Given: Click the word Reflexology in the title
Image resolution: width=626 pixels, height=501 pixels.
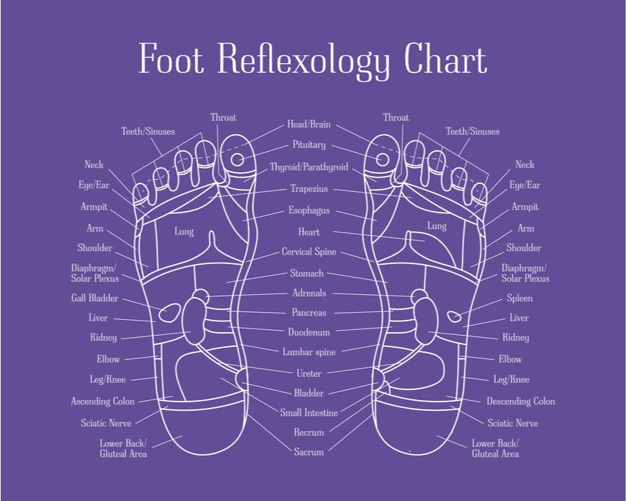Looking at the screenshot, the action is (x=303, y=61).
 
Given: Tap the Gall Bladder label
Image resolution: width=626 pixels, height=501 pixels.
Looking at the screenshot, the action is (x=94, y=298).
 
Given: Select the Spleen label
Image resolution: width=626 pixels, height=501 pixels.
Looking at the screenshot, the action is (x=519, y=298).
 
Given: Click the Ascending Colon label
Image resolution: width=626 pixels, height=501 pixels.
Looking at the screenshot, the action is (x=102, y=401).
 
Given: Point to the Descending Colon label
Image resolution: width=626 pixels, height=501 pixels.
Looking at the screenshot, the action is (x=521, y=401).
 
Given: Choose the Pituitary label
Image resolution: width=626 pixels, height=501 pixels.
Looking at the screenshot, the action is (x=309, y=145).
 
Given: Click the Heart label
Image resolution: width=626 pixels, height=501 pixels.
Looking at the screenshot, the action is (x=309, y=232).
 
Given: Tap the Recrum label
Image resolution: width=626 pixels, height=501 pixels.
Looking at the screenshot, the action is (x=309, y=432).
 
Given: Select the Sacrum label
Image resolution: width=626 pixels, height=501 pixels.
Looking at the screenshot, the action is (x=309, y=452).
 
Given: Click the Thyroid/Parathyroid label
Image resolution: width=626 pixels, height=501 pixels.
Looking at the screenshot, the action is (x=309, y=167).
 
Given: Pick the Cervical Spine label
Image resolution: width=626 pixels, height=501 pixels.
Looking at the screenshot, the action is (x=309, y=252).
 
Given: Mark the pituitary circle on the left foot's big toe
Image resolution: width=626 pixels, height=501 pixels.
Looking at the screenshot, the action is (x=237, y=160).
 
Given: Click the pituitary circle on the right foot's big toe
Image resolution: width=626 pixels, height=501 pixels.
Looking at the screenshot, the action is (x=383, y=160).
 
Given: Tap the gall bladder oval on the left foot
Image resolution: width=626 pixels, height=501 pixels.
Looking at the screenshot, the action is (x=170, y=313).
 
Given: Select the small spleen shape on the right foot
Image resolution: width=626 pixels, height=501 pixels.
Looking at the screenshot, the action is (x=454, y=317).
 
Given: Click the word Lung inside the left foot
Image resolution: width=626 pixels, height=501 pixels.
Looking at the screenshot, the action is (x=184, y=232).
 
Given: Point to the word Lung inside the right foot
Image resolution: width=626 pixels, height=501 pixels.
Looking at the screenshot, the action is (x=436, y=226).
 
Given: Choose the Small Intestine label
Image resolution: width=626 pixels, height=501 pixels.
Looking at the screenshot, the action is (x=309, y=413).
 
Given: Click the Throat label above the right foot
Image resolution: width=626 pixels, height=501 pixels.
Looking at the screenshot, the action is (x=396, y=117).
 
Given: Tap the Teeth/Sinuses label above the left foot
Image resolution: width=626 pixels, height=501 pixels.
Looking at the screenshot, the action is (x=148, y=132).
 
